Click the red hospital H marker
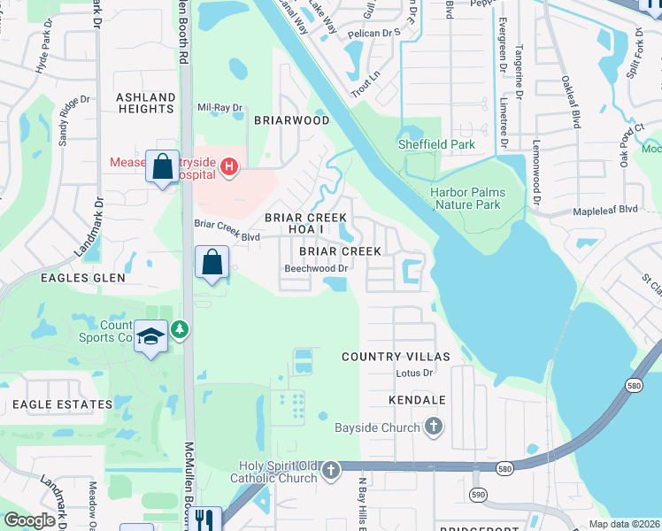click(x=229, y=165)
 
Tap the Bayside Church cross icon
click(x=433, y=427)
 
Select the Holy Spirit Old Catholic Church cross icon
click(x=330, y=470)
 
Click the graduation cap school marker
click(x=151, y=337)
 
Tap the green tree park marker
click(x=181, y=329)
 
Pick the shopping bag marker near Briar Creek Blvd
click(x=212, y=263)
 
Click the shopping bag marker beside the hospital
click(x=163, y=166)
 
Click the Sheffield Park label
click(x=435, y=144)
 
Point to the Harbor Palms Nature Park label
click(x=466, y=198)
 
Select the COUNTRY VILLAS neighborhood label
click(x=396, y=357)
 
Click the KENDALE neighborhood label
click(x=416, y=401)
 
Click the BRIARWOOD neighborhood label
click(x=292, y=120)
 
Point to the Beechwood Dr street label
click(x=316, y=268)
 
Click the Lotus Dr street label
click(x=414, y=373)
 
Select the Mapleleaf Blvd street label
click(x=605, y=210)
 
